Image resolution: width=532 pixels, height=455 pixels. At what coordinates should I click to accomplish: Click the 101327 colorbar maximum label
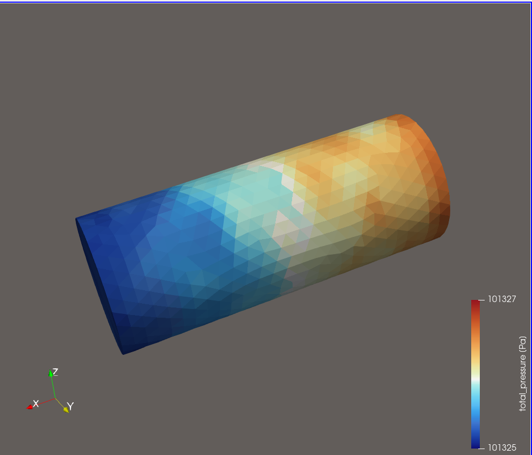click(x=502, y=299)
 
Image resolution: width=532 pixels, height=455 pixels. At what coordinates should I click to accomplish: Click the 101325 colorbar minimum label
click(x=502, y=448)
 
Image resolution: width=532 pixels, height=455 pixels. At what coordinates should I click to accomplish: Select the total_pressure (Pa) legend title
click(x=523, y=374)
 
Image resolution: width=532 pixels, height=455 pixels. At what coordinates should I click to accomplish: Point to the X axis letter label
click(x=36, y=404)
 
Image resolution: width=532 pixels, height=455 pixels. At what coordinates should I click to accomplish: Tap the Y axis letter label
click(x=70, y=406)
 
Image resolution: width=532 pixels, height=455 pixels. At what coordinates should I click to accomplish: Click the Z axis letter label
click(x=55, y=372)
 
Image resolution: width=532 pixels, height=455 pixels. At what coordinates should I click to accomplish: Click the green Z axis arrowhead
click(x=51, y=374)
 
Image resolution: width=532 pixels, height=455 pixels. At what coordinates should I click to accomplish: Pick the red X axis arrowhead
click(x=30, y=407)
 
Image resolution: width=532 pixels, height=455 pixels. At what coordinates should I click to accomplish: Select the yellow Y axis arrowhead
click(x=66, y=410)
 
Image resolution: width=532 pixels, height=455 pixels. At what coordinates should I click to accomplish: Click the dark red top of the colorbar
click(x=476, y=304)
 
